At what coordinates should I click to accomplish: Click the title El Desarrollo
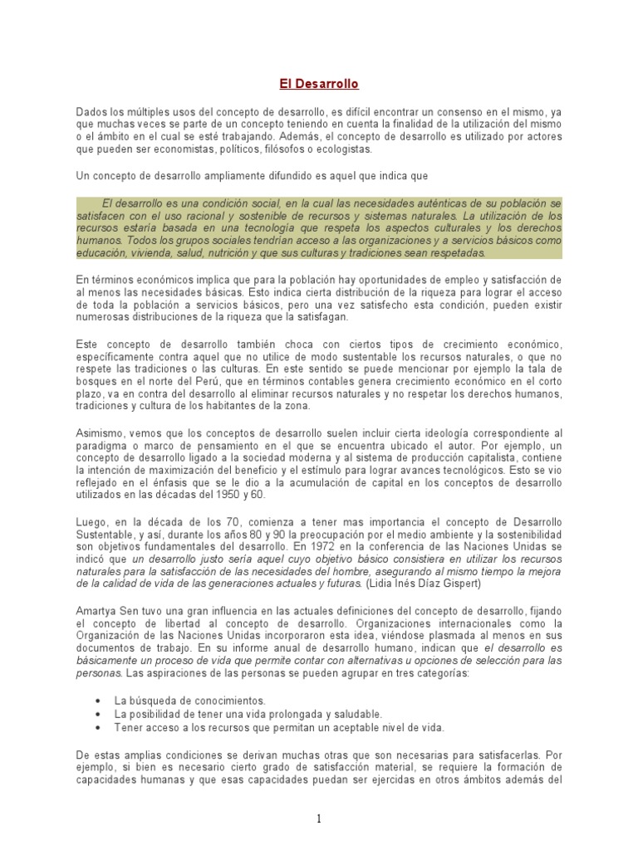coord(318,84)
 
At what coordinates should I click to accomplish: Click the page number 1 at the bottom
coord(319,818)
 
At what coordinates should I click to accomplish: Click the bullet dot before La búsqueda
coord(99,701)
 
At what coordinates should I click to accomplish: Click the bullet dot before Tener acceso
coord(99,727)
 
